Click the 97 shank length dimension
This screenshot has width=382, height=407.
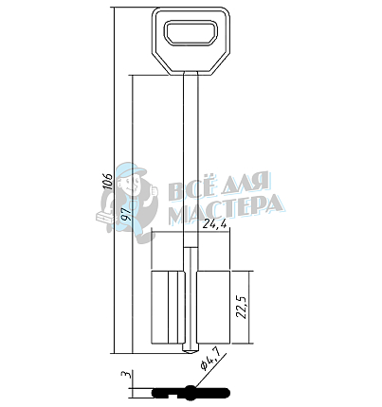127,214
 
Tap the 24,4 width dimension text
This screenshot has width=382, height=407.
214,223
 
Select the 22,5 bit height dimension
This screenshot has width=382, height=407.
244,307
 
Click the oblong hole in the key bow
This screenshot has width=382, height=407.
191,32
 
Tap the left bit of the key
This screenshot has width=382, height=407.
168,307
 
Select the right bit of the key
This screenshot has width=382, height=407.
214,307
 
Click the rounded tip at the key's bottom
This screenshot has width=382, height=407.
191,349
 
